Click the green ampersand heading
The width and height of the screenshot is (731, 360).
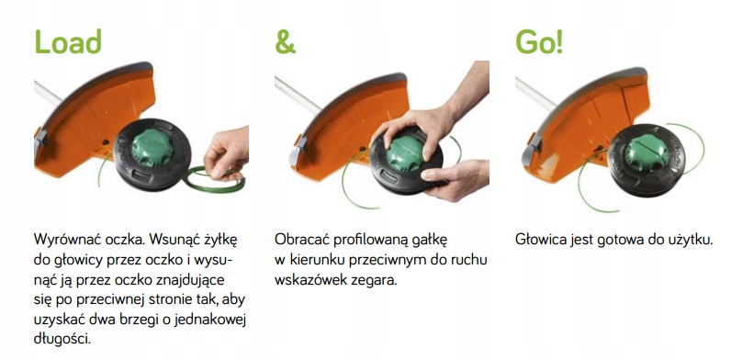coord(287,42)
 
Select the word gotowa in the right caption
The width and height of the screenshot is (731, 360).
coord(613,240)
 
